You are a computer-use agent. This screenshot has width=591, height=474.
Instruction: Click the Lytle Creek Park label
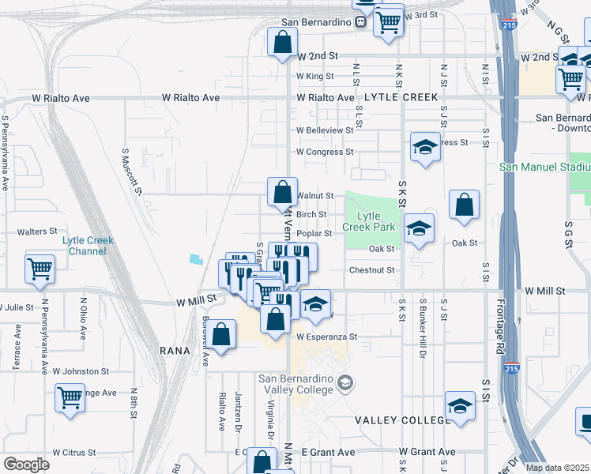tap(369, 221)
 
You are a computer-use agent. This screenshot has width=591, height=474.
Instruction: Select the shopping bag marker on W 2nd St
tap(283, 43)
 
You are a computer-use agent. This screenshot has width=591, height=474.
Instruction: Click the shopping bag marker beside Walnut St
tap(282, 191)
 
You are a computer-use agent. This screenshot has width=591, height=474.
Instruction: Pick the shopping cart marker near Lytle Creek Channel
tap(40, 269)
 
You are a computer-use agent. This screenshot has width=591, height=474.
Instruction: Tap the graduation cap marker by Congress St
tap(425, 147)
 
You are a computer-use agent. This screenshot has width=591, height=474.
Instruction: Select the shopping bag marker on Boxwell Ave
tap(223, 334)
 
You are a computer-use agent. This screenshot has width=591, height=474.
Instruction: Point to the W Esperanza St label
tap(327, 337)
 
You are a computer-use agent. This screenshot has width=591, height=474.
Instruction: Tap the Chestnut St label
tap(371, 270)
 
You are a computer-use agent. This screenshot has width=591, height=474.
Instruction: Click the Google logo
tap(26, 465)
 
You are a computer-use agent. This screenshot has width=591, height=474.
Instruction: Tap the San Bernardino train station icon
tap(359, 22)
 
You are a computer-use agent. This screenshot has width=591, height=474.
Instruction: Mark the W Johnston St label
tap(80, 371)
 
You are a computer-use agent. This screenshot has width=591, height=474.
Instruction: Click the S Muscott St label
tap(131, 171)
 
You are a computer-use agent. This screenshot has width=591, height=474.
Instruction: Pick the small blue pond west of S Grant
tap(194, 259)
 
